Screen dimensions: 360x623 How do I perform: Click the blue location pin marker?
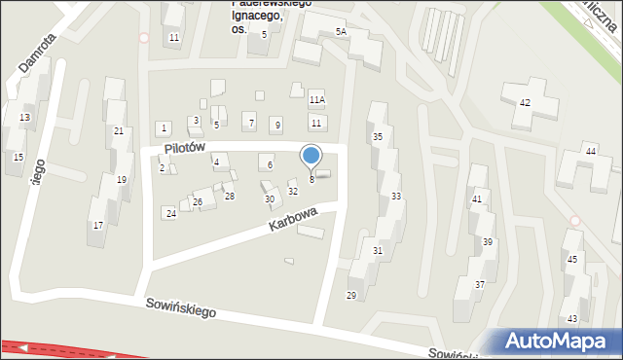coord(311,156)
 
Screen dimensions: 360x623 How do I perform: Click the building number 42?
coord(525,102)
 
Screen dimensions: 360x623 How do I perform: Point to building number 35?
coord(378,137)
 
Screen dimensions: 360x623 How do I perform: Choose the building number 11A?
coord(316,99)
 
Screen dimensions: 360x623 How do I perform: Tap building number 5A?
coord(341,32)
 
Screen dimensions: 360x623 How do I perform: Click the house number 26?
coord(197,201)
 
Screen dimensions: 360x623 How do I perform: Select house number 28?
coord(230,197)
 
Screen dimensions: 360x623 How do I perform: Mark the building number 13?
coord(24,118)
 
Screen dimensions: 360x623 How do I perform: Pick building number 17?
coord(97,226)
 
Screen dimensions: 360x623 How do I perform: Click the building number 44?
coord(590,151)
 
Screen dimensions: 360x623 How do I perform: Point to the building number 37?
coord(480,284)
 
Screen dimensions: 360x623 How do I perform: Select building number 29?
coord(351,295)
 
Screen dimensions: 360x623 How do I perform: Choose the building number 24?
coord(170,213)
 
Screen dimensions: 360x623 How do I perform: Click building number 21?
coord(118,130)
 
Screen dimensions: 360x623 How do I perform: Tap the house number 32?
coord(292,191)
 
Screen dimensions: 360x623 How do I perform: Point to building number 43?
coord(572,318)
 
